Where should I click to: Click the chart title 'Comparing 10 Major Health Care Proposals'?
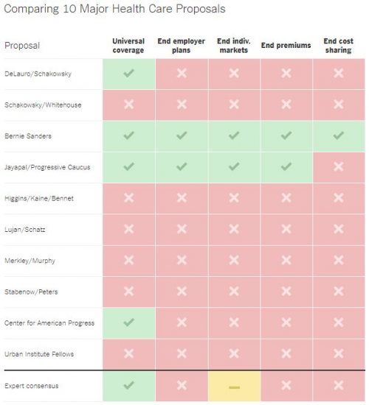[x=114, y=9]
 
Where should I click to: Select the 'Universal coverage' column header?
[x=128, y=46]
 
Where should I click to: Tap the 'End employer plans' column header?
[x=182, y=46]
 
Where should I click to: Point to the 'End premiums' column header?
[x=286, y=46]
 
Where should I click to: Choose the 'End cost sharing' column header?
[x=339, y=46]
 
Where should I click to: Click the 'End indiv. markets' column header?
[x=234, y=46]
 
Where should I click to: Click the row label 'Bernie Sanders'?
[x=28, y=136]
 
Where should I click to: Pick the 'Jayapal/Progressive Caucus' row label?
[x=47, y=167]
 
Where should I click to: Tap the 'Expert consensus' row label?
[x=31, y=386]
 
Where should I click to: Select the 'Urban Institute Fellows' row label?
[x=39, y=354]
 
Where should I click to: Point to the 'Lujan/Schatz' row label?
[x=25, y=230]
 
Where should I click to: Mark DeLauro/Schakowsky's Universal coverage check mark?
[x=128, y=73]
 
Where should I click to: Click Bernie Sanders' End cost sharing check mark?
[x=339, y=135]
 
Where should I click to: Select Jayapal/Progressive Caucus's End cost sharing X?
[x=339, y=166]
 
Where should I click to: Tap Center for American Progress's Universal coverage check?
[x=128, y=322]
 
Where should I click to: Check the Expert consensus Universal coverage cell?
[x=128, y=385]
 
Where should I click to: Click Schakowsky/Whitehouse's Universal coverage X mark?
[x=128, y=105]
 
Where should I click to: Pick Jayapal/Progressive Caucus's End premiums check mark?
[x=286, y=166]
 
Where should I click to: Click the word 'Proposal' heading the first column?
[x=22, y=46]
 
